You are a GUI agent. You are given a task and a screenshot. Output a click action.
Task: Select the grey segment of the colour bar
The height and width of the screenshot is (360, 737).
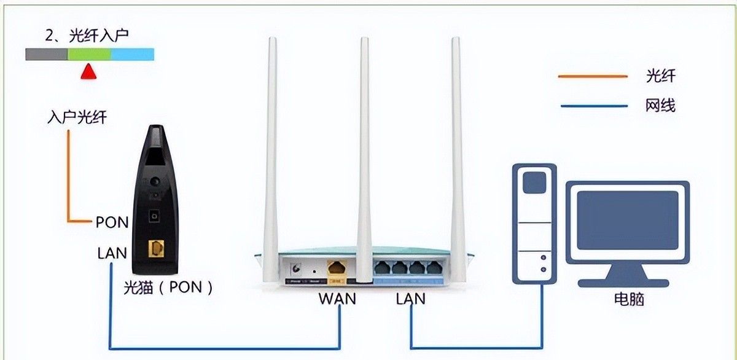point(46,54)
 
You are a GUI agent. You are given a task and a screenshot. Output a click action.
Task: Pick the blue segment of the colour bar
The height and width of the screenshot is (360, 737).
point(132,54)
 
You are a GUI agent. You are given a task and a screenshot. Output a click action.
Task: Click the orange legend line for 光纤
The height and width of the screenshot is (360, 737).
point(593,77)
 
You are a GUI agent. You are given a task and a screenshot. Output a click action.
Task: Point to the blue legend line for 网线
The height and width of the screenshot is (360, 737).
point(593,106)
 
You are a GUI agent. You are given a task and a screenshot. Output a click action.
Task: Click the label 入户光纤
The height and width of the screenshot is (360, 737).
point(77,117)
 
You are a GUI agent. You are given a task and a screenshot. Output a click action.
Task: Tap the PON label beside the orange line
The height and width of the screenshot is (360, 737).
point(112,222)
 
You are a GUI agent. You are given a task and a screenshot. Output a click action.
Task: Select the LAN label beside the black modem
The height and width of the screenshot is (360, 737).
point(112,252)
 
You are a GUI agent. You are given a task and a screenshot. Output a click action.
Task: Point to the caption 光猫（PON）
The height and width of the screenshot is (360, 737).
point(168,287)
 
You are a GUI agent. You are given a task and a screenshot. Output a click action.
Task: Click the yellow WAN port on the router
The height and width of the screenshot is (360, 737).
point(337,268)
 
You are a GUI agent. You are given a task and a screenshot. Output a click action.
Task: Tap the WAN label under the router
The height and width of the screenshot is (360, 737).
point(337,300)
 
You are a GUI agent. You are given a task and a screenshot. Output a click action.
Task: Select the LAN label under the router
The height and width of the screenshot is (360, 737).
point(411,300)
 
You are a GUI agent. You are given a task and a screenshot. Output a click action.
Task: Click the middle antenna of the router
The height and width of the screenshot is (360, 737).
point(364,154)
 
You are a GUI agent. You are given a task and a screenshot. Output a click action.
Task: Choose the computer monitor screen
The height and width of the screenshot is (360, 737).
point(627,219)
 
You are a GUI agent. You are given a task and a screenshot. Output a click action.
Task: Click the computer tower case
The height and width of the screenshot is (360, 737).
point(534,221)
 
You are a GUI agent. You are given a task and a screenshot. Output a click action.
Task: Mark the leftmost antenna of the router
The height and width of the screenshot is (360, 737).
point(271,154)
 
